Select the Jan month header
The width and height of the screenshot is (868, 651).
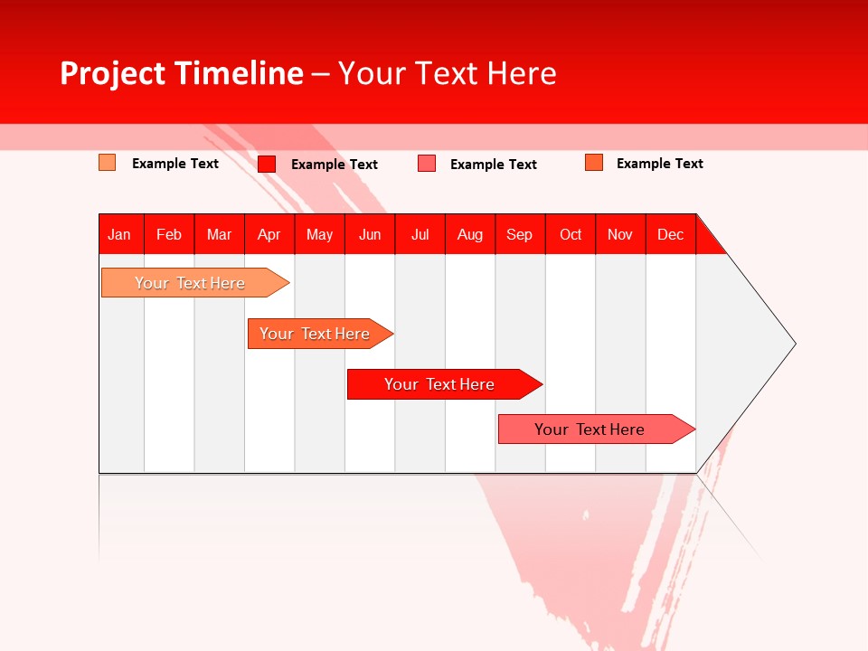pos(119,234)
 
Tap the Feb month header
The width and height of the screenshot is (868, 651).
pos(169,234)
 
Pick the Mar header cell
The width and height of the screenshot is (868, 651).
pos(219,234)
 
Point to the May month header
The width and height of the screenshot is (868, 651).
pos(319,234)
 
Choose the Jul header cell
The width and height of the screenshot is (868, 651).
pos(420,234)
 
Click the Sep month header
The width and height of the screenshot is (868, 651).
pos(519,234)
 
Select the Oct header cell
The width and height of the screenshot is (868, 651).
pos(571,234)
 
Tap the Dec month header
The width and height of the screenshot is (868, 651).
pos(670,234)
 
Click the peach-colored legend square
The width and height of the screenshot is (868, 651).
pos(107,163)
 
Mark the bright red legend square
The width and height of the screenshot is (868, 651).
pos(267,164)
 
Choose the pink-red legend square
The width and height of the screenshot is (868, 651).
pos(427,164)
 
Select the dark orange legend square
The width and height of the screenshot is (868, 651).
pos(594,163)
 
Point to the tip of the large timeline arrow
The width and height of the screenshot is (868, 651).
pos(793,344)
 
